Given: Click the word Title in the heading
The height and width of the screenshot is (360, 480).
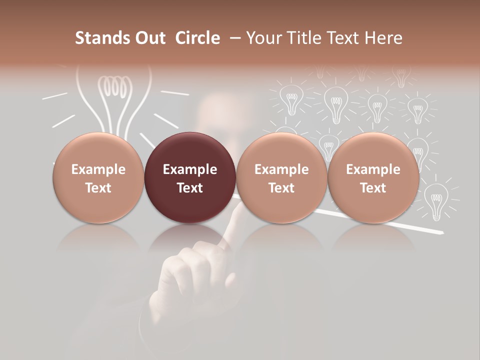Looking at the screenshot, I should coord(307,38).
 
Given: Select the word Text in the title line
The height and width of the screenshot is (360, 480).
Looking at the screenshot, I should coord(346,38).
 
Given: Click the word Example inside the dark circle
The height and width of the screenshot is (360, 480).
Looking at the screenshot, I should coord(190,169).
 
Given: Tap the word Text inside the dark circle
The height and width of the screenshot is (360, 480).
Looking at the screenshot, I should coord(190,188).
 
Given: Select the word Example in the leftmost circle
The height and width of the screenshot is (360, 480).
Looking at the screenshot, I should coord(98,169).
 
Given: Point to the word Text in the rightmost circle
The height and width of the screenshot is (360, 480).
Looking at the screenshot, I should coord(373,188).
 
